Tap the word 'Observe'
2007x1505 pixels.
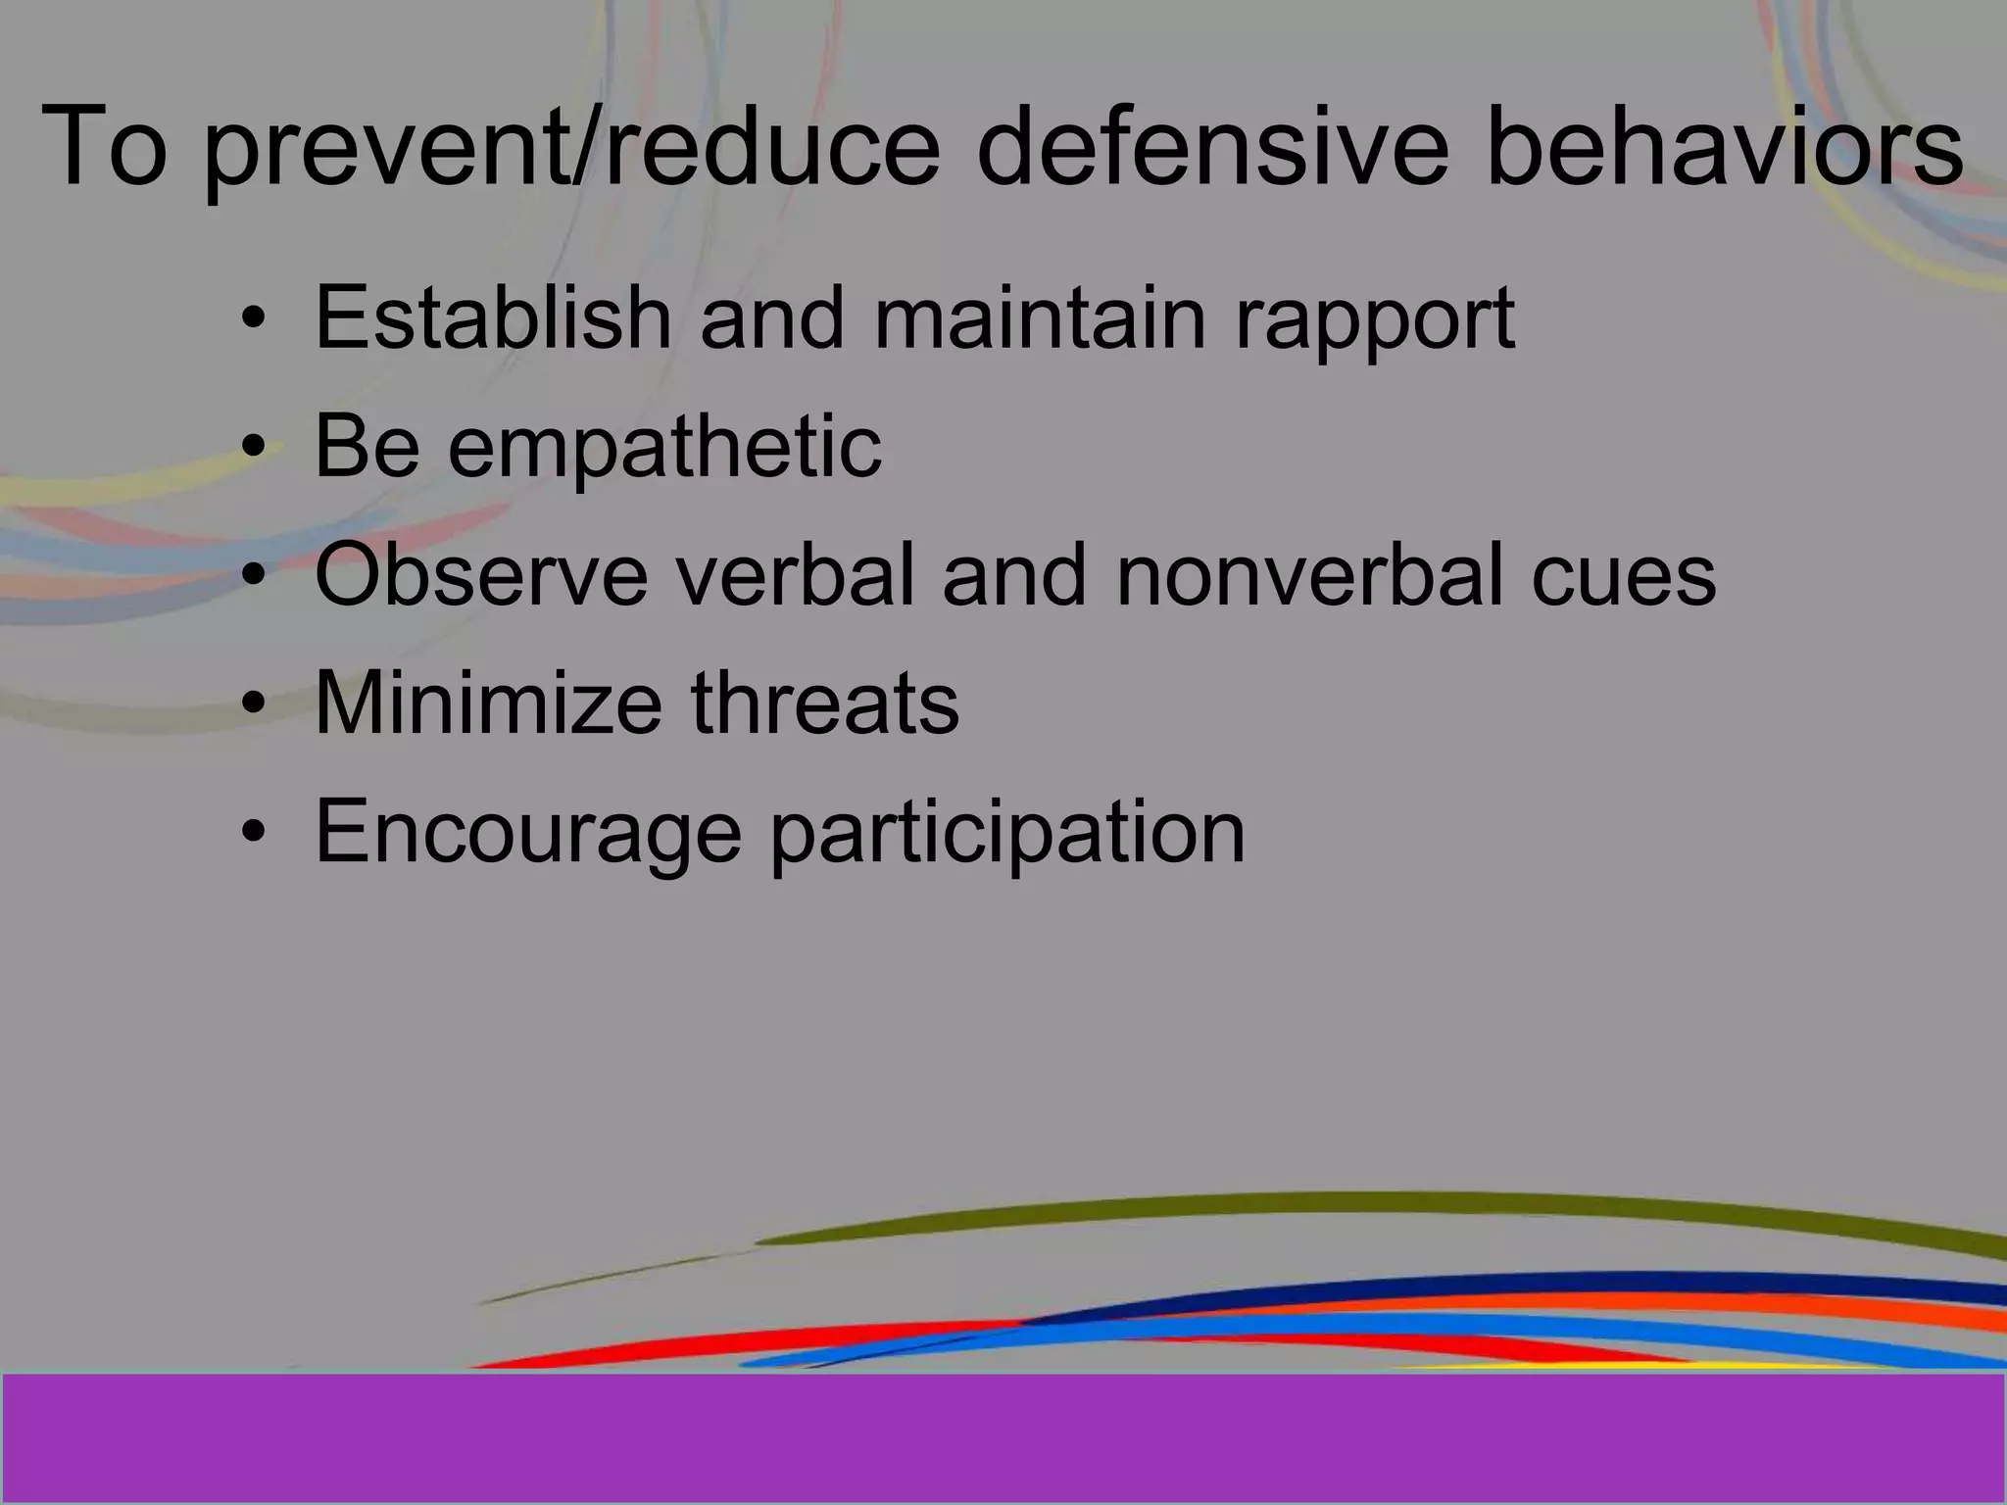coord(480,575)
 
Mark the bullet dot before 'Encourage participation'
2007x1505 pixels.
coord(254,833)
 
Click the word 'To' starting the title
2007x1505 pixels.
coord(104,147)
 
